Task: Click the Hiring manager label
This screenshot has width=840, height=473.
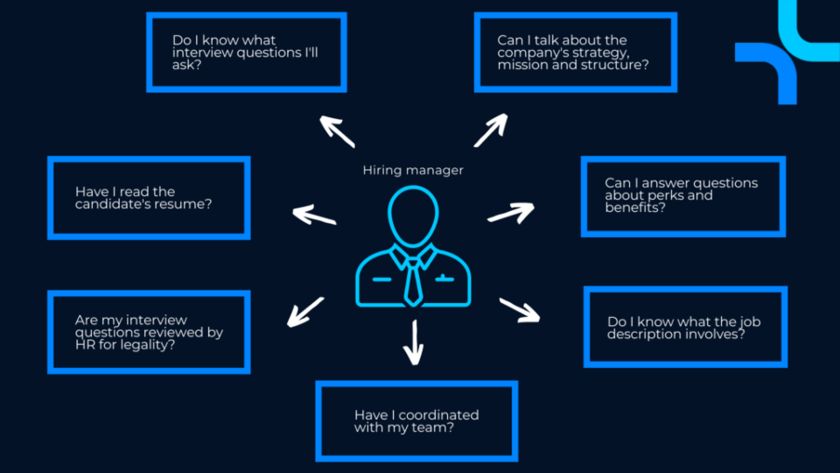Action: tap(413, 171)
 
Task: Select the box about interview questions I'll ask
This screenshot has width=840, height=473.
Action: tap(246, 52)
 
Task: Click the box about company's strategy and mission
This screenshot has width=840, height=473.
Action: tap(576, 52)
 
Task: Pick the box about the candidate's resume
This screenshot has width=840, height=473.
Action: tap(150, 197)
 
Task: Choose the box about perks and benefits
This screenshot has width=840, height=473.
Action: tap(682, 195)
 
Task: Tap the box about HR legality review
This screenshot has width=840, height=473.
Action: tap(150, 332)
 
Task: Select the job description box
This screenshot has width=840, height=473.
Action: tap(685, 327)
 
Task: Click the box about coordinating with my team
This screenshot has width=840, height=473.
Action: tap(416, 420)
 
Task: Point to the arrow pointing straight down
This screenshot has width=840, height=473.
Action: tap(414, 342)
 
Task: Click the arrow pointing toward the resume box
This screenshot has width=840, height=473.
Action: tap(313, 215)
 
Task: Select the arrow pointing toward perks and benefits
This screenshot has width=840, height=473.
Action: tap(511, 213)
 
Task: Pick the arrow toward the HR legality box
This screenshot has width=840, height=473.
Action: tap(305, 312)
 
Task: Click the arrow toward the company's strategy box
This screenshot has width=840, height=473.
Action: tap(490, 130)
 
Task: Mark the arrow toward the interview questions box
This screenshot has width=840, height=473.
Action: tap(337, 131)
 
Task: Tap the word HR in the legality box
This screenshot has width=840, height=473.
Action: tap(85, 344)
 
